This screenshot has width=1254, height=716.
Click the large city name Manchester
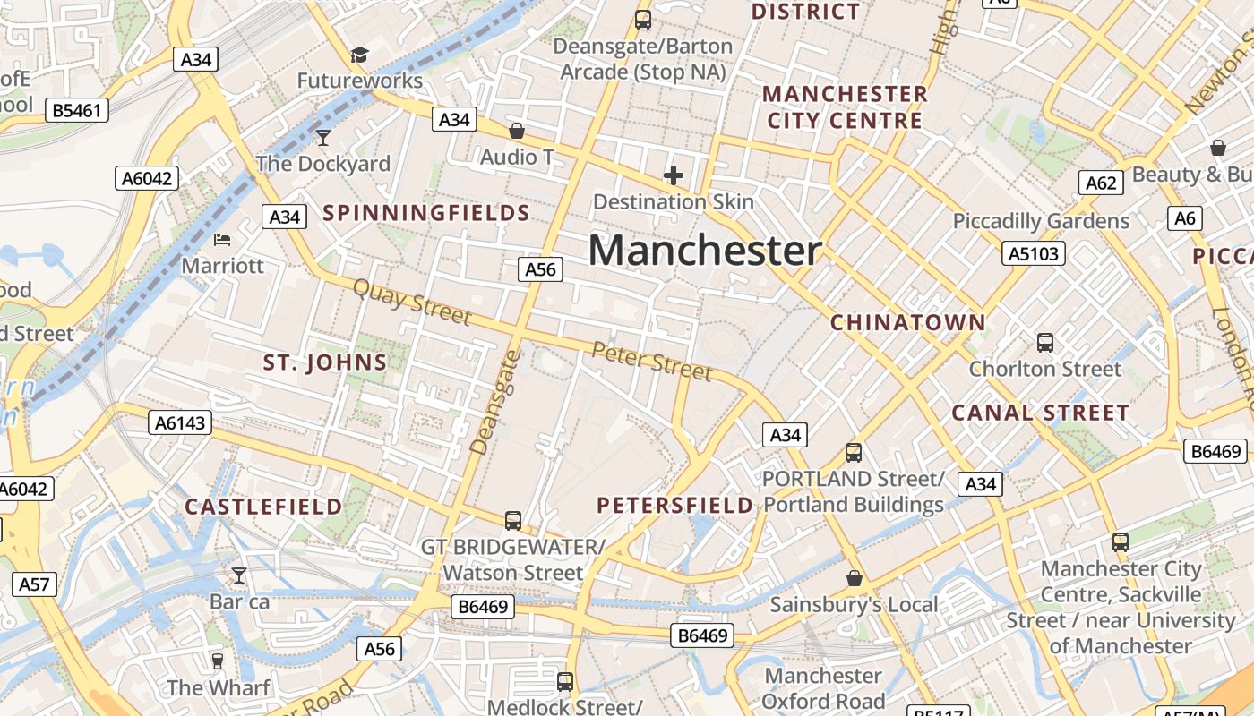(x=705, y=251)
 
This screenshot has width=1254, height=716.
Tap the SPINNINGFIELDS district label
(x=426, y=213)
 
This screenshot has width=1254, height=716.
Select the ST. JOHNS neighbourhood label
(x=325, y=362)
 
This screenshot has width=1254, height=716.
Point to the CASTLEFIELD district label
(x=263, y=507)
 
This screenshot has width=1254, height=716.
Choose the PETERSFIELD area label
(x=675, y=506)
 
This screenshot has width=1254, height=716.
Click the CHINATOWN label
(x=908, y=322)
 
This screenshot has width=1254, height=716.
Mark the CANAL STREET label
(x=1040, y=413)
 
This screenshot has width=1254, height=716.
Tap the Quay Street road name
(x=412, y=302)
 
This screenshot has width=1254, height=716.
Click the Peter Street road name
(x=652, y=360)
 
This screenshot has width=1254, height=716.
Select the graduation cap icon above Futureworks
(x=359, y=55)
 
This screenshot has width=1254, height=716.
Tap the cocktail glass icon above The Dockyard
(x=323, y=138)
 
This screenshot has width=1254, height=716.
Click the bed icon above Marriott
(x=222, y=240)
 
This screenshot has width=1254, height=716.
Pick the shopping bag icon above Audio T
(x=517, y=132)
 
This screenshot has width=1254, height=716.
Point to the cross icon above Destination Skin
(x=674, y=175)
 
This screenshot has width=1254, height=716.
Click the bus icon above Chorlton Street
(x=1044, y=342)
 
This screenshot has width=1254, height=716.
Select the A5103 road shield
(x=1034, y=253)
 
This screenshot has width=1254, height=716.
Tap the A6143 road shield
(x=180, y=422)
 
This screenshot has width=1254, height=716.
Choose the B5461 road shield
(x=78, y=111)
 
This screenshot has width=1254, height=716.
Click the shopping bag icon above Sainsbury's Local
(x=854, y=579)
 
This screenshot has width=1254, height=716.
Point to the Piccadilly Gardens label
(x=1041, y=221)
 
